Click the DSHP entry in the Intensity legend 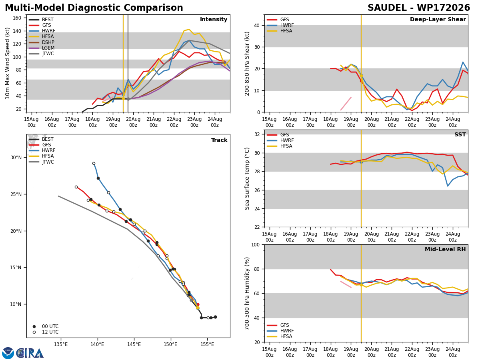coord(48,42)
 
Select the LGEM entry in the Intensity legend coord(48,48)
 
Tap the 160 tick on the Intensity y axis coord(17,18)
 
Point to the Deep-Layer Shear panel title coord(438,20)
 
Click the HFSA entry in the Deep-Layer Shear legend coord(286,31)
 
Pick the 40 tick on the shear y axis coord(257,25)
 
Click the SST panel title coord(460,134)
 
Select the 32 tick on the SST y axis coord(257,134)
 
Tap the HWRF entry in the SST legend coord(287,140)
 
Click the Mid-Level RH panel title coord(445,249)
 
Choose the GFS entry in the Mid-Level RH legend coord(284,325)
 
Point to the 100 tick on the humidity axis coord(255,244)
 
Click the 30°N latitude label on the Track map coord(16,158)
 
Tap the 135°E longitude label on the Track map coord(61,344)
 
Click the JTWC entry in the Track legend coord(48,162)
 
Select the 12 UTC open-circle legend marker coord(34,332)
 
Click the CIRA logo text coord(30,353)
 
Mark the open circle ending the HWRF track coord(94,164)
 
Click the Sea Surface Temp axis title coord(247,179)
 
